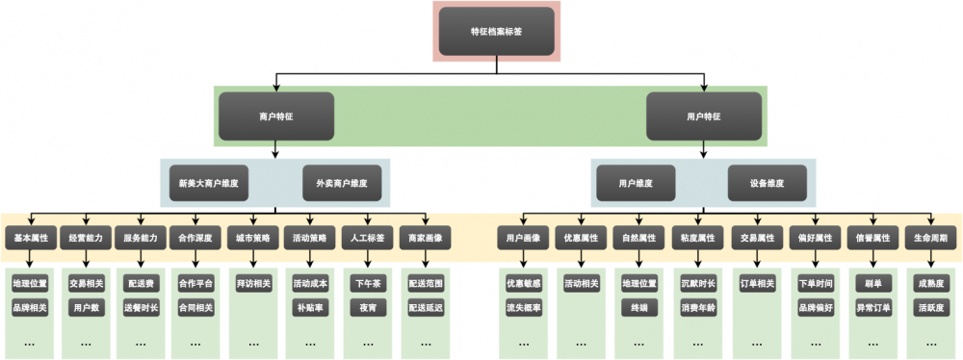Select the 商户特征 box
(x=276, y=116)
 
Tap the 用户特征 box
(x=703, y=116)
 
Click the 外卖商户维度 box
(x=342, y=182)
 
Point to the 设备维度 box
(x=768, y=182)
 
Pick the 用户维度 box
(x=636, y=182)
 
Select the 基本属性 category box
(x=31, y=237)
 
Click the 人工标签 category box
(x=368, y=237)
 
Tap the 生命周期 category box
(x=931, y=237)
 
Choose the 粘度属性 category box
(x=698, y=237)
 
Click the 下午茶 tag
(x=368, y=284)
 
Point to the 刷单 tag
(x=873, y=284)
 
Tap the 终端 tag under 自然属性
(x=639, y=308)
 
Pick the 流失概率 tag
(x=524, y=308)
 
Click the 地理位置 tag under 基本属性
(x=31, y=284)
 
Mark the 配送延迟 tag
(x=426, y=308)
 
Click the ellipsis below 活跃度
(x=931, y=342)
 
